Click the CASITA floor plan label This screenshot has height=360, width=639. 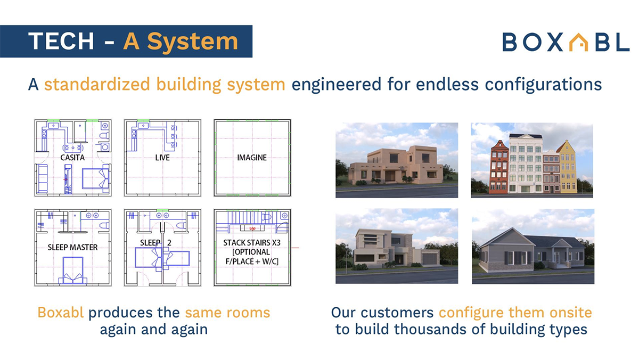click(x=72, y=158)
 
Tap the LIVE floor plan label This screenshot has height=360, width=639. click(x=162, y=158)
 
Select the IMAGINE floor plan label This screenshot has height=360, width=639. click(x=252, y=158)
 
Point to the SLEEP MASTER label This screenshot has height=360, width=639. click(x=72, y=247)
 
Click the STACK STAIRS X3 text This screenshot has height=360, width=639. click(x=252, y=243)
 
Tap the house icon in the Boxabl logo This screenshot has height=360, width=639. click(x=579, y=42)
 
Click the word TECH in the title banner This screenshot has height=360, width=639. click(x=61, y=42)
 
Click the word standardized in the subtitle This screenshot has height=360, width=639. click(x=97, y=85)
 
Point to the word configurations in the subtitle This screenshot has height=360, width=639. click(x=544, y=85)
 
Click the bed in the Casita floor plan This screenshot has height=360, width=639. click(x=95, y=178)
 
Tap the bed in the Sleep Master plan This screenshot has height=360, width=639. click(x=73, y=270)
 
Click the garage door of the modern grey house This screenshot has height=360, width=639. click(x=430, y=259)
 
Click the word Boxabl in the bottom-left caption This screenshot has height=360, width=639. click(x=61, y=313)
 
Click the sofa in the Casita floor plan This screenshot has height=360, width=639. click(x=43, y=178)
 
